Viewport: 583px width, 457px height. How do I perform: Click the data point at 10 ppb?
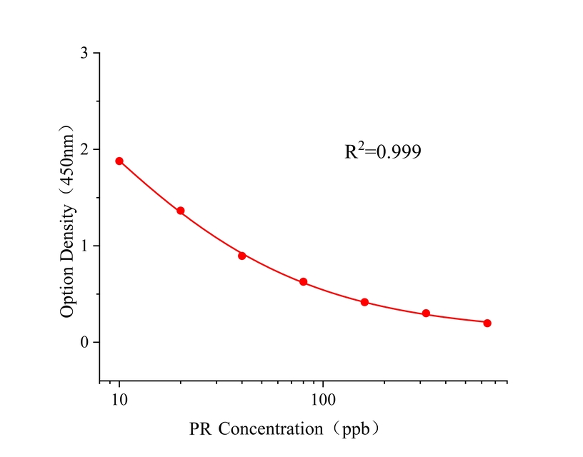pyautogui.click(x=119, y=161)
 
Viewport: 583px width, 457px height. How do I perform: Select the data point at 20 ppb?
pyautogui.click(x=181, y=211)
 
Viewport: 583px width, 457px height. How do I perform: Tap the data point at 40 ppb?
pyautogui.click(x=242, y=256)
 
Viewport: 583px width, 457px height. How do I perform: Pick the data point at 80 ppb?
pyautogui.click(x=303, y=282)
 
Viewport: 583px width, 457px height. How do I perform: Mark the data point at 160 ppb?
pyautogui.click(x=364, y=302)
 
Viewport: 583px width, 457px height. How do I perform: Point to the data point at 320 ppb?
pyautogui.click(x=426, y=313)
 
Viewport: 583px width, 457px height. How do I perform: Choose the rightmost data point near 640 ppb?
pyautogui.click(x=487, y=323)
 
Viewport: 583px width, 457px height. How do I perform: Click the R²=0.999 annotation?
pyautogui.click(x=383, y=151)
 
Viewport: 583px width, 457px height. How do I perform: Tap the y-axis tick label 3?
pyautogui.click(x=85, y=54)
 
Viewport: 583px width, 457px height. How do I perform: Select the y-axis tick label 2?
pyautogui.click(x=85, y=150)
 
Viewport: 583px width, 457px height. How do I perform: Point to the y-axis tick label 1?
pyautogui.click(x=85, y=246)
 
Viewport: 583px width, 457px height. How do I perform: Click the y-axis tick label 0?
pyautogui.click(x=85, y=343)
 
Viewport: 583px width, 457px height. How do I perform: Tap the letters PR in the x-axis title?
pyautogui.click(x=201, y=429)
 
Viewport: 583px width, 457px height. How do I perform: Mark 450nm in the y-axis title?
pyautogui.click(x=68, y=163)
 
